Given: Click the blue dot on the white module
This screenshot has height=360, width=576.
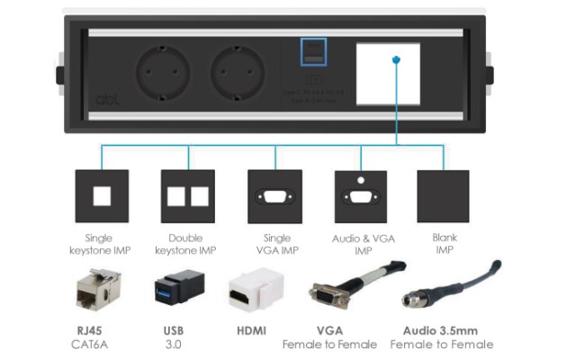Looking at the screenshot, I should coord(397,60).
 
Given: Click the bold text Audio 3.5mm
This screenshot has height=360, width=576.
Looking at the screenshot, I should coord(441,330).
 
